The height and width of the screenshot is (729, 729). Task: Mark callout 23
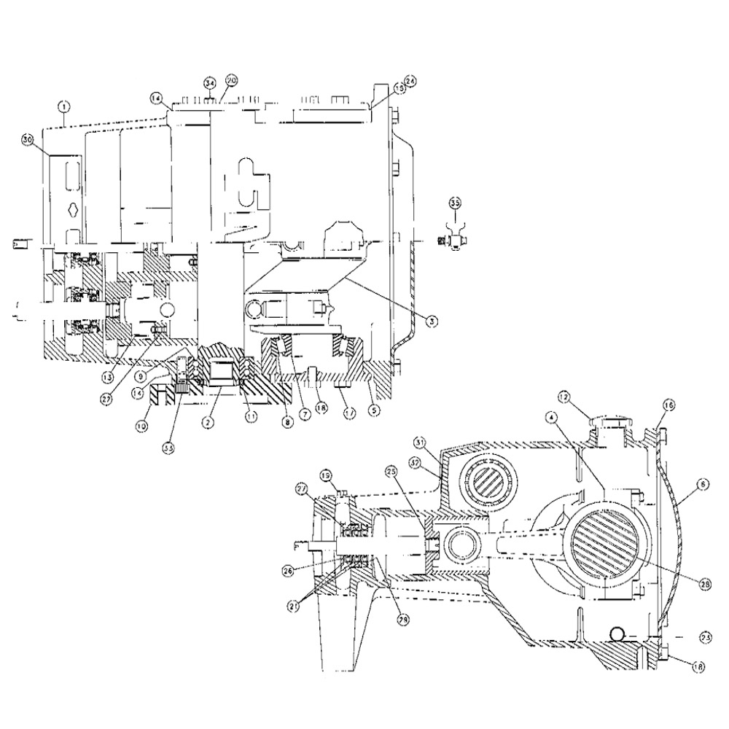point(704,636)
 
